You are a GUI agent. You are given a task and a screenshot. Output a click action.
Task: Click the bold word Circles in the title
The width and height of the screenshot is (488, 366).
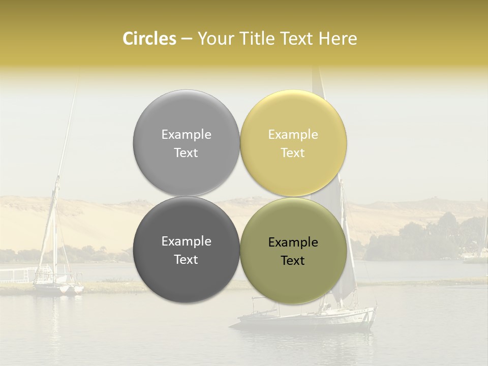tap(149, 39)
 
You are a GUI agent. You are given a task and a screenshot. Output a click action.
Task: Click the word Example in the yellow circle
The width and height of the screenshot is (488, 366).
tap(293, 135)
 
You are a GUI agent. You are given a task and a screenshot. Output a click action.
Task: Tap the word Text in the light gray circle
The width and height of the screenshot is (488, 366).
tap(186, 153)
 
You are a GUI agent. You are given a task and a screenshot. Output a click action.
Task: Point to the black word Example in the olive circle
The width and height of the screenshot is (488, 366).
tap(293, 242)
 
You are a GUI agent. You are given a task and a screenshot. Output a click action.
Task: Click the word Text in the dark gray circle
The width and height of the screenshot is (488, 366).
tap(186, 260)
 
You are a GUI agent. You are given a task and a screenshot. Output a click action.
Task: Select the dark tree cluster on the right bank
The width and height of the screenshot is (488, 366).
tap(437, 234)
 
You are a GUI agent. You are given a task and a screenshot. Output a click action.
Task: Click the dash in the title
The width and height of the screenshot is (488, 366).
tap(187, 39)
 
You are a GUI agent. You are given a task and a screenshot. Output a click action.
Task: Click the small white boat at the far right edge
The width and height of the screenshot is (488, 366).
tap(478, 254)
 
